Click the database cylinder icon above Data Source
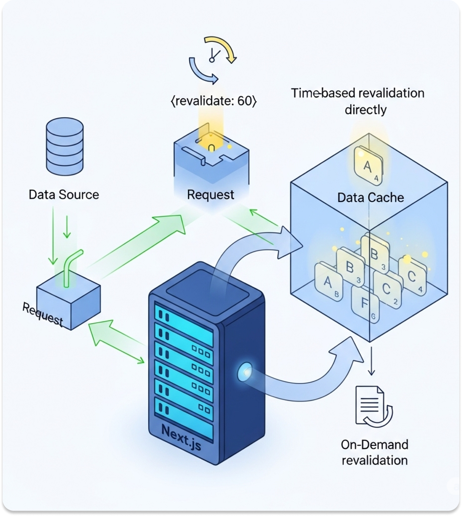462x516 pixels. [65, 146]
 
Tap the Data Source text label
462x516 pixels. [64, 194]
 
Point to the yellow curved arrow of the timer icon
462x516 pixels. [221, 48]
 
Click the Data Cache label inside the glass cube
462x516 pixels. [371, 197]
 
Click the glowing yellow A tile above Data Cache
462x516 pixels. [368, 166]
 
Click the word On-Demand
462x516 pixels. [375, 445]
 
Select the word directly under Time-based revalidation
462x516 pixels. [366, 110]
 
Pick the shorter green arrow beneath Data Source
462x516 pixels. [67, 226]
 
